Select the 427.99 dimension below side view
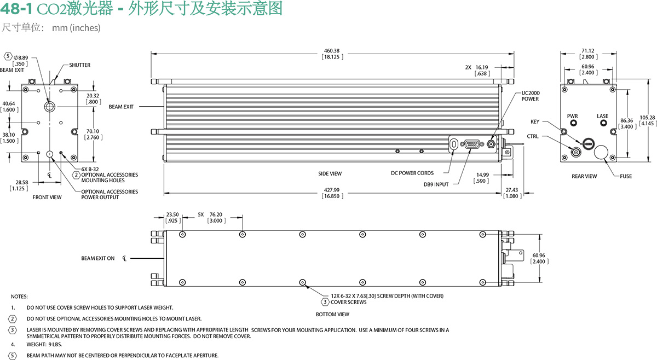click(x=332, y=190)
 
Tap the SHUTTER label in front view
click(x=79, y=65)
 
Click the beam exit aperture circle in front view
click(x=49, y=105)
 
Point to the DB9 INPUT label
click(x=436, y=184)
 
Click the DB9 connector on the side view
click(x=472, y=144)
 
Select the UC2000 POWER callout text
click(x=530, y=96)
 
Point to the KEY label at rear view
click(x=535, y=121)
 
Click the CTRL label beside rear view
click(x=533, y=136)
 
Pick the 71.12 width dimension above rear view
click(x=589, y=50)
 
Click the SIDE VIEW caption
click(x=330, y=173)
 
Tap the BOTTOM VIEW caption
click(x=332, y=315)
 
